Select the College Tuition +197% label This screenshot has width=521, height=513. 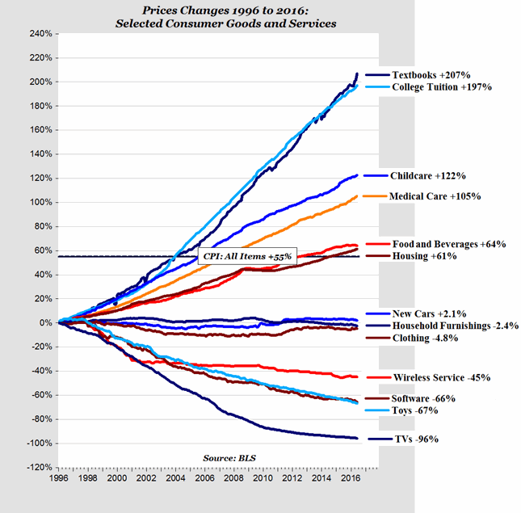tap(441, 86)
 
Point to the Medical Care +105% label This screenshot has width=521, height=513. tap(435, 196)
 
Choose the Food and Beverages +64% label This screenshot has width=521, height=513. tap(449, 244)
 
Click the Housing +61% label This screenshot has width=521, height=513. tap(425, 256)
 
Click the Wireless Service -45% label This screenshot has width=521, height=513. tap(439, 377)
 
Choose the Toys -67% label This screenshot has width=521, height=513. tap(417, 410)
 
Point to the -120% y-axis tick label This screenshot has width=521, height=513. tap(37, 467)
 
